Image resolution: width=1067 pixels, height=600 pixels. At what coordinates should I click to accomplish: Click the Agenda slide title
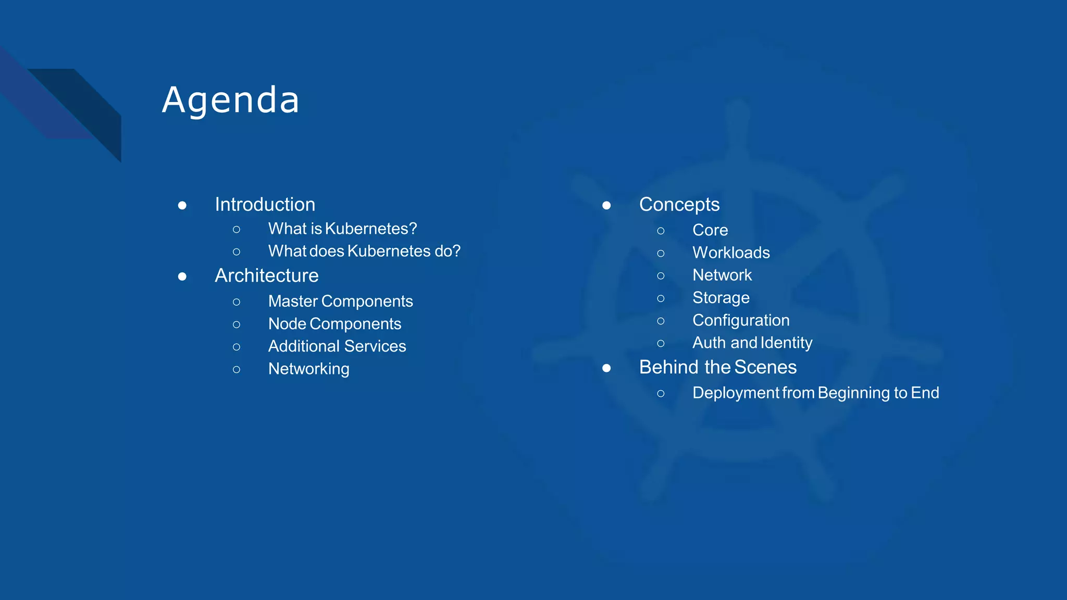pos(230,99)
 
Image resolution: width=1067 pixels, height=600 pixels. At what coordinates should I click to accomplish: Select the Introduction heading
pos(265,205)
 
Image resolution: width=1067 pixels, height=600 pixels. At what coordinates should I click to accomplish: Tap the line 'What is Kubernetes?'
pos(342,229)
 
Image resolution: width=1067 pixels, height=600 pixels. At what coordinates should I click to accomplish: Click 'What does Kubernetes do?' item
pos(364,251)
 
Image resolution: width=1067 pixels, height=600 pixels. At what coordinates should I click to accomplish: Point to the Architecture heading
pos(266,276)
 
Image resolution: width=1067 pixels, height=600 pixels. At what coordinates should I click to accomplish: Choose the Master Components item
pos(340,301)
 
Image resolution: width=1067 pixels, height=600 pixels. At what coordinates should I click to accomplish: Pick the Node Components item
pos(334,324)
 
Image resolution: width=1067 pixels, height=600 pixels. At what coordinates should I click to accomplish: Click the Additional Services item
pos(337,346)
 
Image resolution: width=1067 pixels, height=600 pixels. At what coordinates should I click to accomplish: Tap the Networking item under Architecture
pos(308,369)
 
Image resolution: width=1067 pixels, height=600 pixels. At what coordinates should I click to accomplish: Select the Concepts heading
pos(679,205)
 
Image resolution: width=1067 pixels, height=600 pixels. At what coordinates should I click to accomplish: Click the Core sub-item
pos(710,230)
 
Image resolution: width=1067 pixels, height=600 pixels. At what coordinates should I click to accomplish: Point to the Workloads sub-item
pos(730,253)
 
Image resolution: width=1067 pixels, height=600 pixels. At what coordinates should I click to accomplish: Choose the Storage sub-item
pos(721,298)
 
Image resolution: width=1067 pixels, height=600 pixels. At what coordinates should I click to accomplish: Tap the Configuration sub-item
pos(740,320)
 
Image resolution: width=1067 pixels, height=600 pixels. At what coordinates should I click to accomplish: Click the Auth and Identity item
pos(752,343)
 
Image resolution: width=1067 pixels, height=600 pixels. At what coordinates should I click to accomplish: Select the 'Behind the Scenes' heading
pos(717,367)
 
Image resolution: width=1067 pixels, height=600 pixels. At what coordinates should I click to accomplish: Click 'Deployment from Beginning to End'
pos(815,393)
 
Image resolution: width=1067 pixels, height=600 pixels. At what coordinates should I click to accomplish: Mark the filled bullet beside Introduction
pos(182,206)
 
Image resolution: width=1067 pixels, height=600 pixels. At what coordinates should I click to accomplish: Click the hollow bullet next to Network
pos(661,276)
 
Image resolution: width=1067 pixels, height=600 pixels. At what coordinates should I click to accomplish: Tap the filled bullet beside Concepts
pos(606,206)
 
